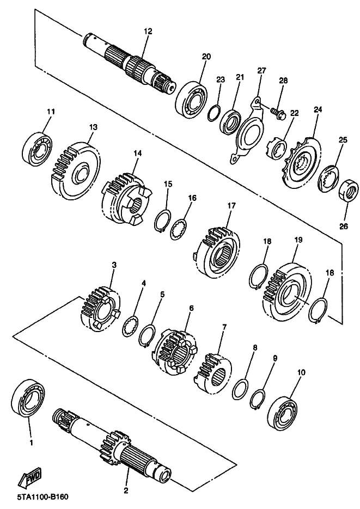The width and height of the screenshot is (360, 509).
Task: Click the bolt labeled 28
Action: tap(278, 113)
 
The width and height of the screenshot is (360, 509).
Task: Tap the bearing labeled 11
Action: tap(38, 146)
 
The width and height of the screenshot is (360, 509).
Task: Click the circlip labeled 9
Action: tap(259, 398)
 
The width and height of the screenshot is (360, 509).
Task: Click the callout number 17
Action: tap(231, 206)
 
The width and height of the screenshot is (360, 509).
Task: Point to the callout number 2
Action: tap(126, 490)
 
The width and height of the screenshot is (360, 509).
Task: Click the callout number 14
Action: tap(138, 154)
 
